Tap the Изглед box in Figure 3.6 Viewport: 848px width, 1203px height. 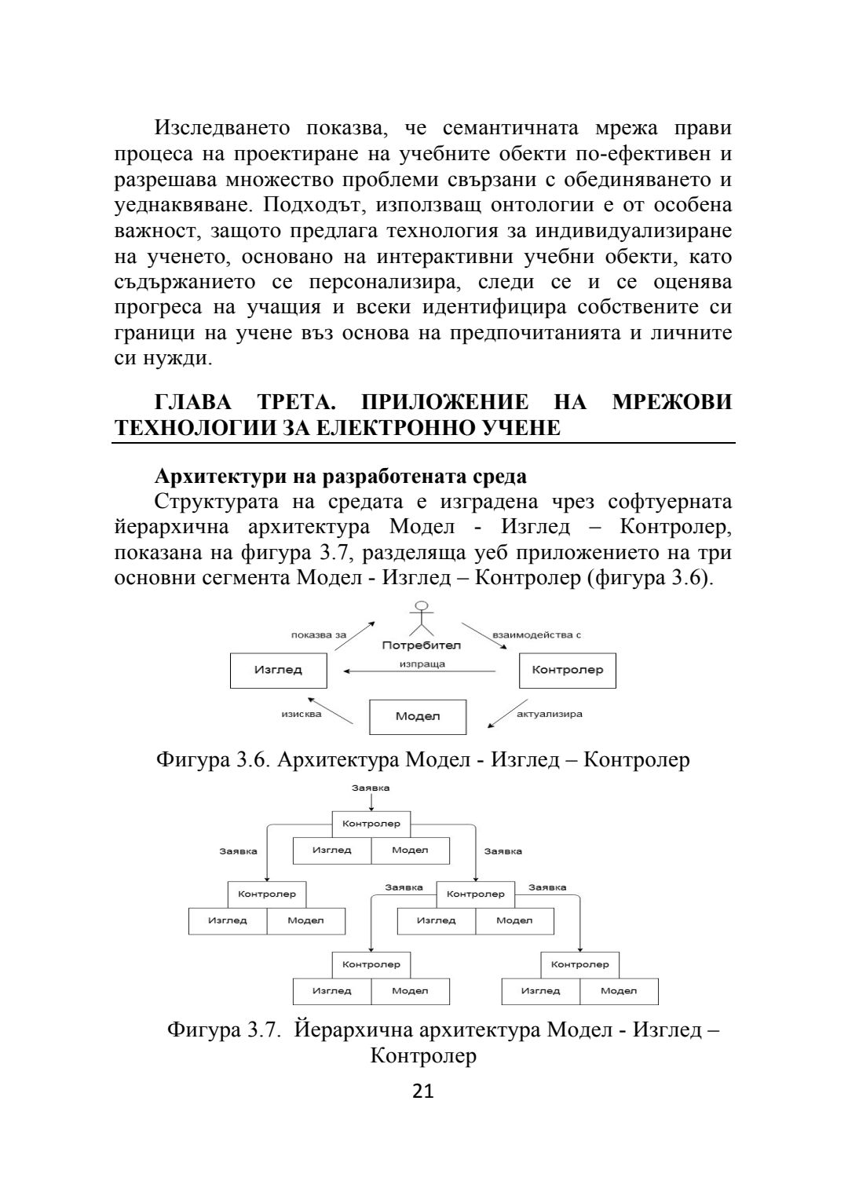pyautogui.click(x=278, y=670)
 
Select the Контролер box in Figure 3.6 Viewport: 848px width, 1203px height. pyautogui.click(x=568, y=670)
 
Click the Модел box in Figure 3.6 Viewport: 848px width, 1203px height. pyautogui.click(x=418, y=716)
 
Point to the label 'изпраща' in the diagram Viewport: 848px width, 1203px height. pyautogui.click(x=422, y=664)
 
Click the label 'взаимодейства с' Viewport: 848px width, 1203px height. pyautogui.click(x=536, y=634)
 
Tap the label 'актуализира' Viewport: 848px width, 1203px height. pyautogui.click(x=550, y=714)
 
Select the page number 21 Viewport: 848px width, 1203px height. pyautogui.click(x=423, y=1091)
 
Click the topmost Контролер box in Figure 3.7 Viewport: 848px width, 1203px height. pyautogui.click(x=371, y=824)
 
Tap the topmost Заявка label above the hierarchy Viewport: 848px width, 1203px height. pyautogui.click(x=371, y=788)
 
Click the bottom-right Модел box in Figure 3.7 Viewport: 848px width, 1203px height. pyautogui.click(x=619, y=991)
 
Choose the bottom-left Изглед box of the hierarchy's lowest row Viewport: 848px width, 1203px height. pyautogui.click(x=332, y=991)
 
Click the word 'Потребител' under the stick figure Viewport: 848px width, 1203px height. pyautogui.click(x=422, y=645)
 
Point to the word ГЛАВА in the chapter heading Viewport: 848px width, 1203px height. pyautogui.click(x=193, y=403)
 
